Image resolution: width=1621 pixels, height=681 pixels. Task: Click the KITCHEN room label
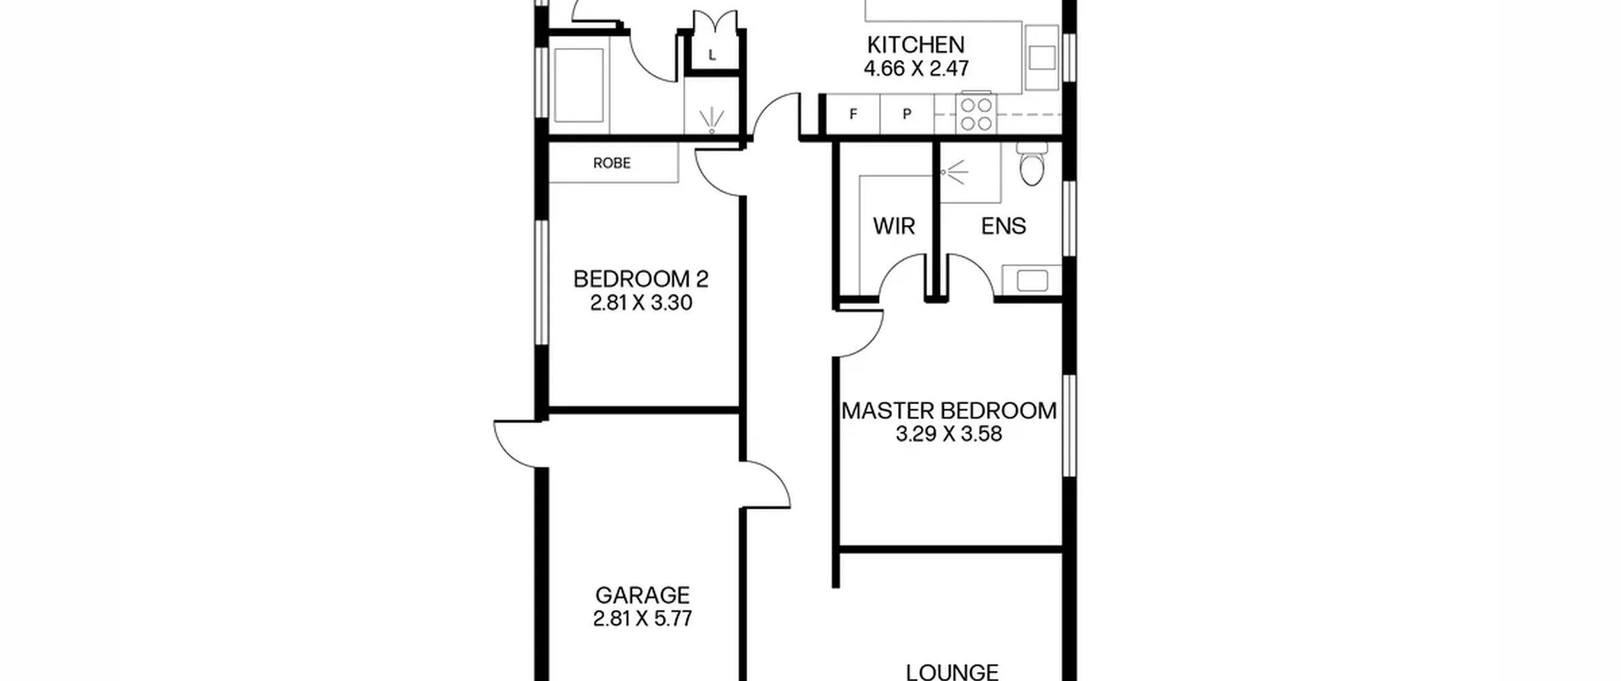(x=916, y=45)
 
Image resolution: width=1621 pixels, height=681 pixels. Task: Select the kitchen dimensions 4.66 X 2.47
(x=916, y=68)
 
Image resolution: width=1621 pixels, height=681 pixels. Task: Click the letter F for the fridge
(x=853, y=114)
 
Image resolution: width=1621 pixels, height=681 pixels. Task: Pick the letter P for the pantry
(x=907, y=114)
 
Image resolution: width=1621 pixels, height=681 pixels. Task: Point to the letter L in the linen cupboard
(x=712, y=55)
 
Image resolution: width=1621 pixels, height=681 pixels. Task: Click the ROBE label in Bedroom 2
(x=612, y=163)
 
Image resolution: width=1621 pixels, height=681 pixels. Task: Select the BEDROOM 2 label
(x=641, y=279)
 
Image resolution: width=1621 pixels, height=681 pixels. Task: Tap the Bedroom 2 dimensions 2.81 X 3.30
(x=641, y=303)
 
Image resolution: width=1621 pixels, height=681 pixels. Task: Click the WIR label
(x=893, y=226)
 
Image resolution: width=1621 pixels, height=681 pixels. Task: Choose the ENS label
(x=1004, y=226)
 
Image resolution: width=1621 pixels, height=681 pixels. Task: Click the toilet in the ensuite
(x=1032, y=164)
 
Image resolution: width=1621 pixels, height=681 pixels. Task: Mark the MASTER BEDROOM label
(x=949, y=411)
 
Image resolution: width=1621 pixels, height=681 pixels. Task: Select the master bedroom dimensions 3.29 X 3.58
(x=949, y=435)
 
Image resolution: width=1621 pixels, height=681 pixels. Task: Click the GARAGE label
(x=642, y=595)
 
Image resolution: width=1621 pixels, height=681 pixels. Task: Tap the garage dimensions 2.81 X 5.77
(x=642, y=619)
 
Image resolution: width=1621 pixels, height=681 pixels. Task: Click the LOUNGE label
(x=952, y=672)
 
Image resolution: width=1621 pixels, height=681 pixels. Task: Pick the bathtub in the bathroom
(x=578, y=86)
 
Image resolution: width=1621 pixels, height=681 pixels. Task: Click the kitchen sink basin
(x=1042, y=58)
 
